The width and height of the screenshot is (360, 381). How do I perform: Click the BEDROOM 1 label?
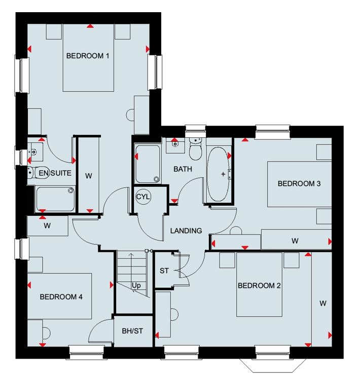pos(88,56)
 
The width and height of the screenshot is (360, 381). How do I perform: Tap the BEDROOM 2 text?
pos(259,286)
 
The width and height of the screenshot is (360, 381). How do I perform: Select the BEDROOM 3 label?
pos(299,183)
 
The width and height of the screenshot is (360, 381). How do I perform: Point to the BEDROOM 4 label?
pos(61,297)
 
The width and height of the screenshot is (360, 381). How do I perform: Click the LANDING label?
pos(186,231)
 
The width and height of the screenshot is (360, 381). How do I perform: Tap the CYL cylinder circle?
pos(143,197)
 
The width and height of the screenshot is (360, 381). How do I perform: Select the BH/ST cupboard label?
pos(132,331)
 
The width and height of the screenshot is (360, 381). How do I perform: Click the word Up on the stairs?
pos(136,286)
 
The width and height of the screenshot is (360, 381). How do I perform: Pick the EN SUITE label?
pos(55,173)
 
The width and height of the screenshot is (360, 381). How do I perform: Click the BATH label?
pos(183,169)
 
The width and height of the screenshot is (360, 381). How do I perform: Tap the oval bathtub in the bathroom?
pos(218,174)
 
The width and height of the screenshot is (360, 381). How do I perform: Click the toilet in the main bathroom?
pos(195,149)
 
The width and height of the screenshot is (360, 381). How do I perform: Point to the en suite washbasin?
pos(35,152)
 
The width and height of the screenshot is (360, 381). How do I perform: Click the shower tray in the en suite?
pos(55,199)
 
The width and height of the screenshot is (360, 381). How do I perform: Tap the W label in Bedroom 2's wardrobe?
pos(323,303)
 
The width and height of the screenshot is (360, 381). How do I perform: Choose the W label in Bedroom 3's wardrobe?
pos(295,241)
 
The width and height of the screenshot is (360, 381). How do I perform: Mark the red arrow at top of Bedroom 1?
pos(90,26)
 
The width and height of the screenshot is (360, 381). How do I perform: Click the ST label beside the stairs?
pos(164,271)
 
